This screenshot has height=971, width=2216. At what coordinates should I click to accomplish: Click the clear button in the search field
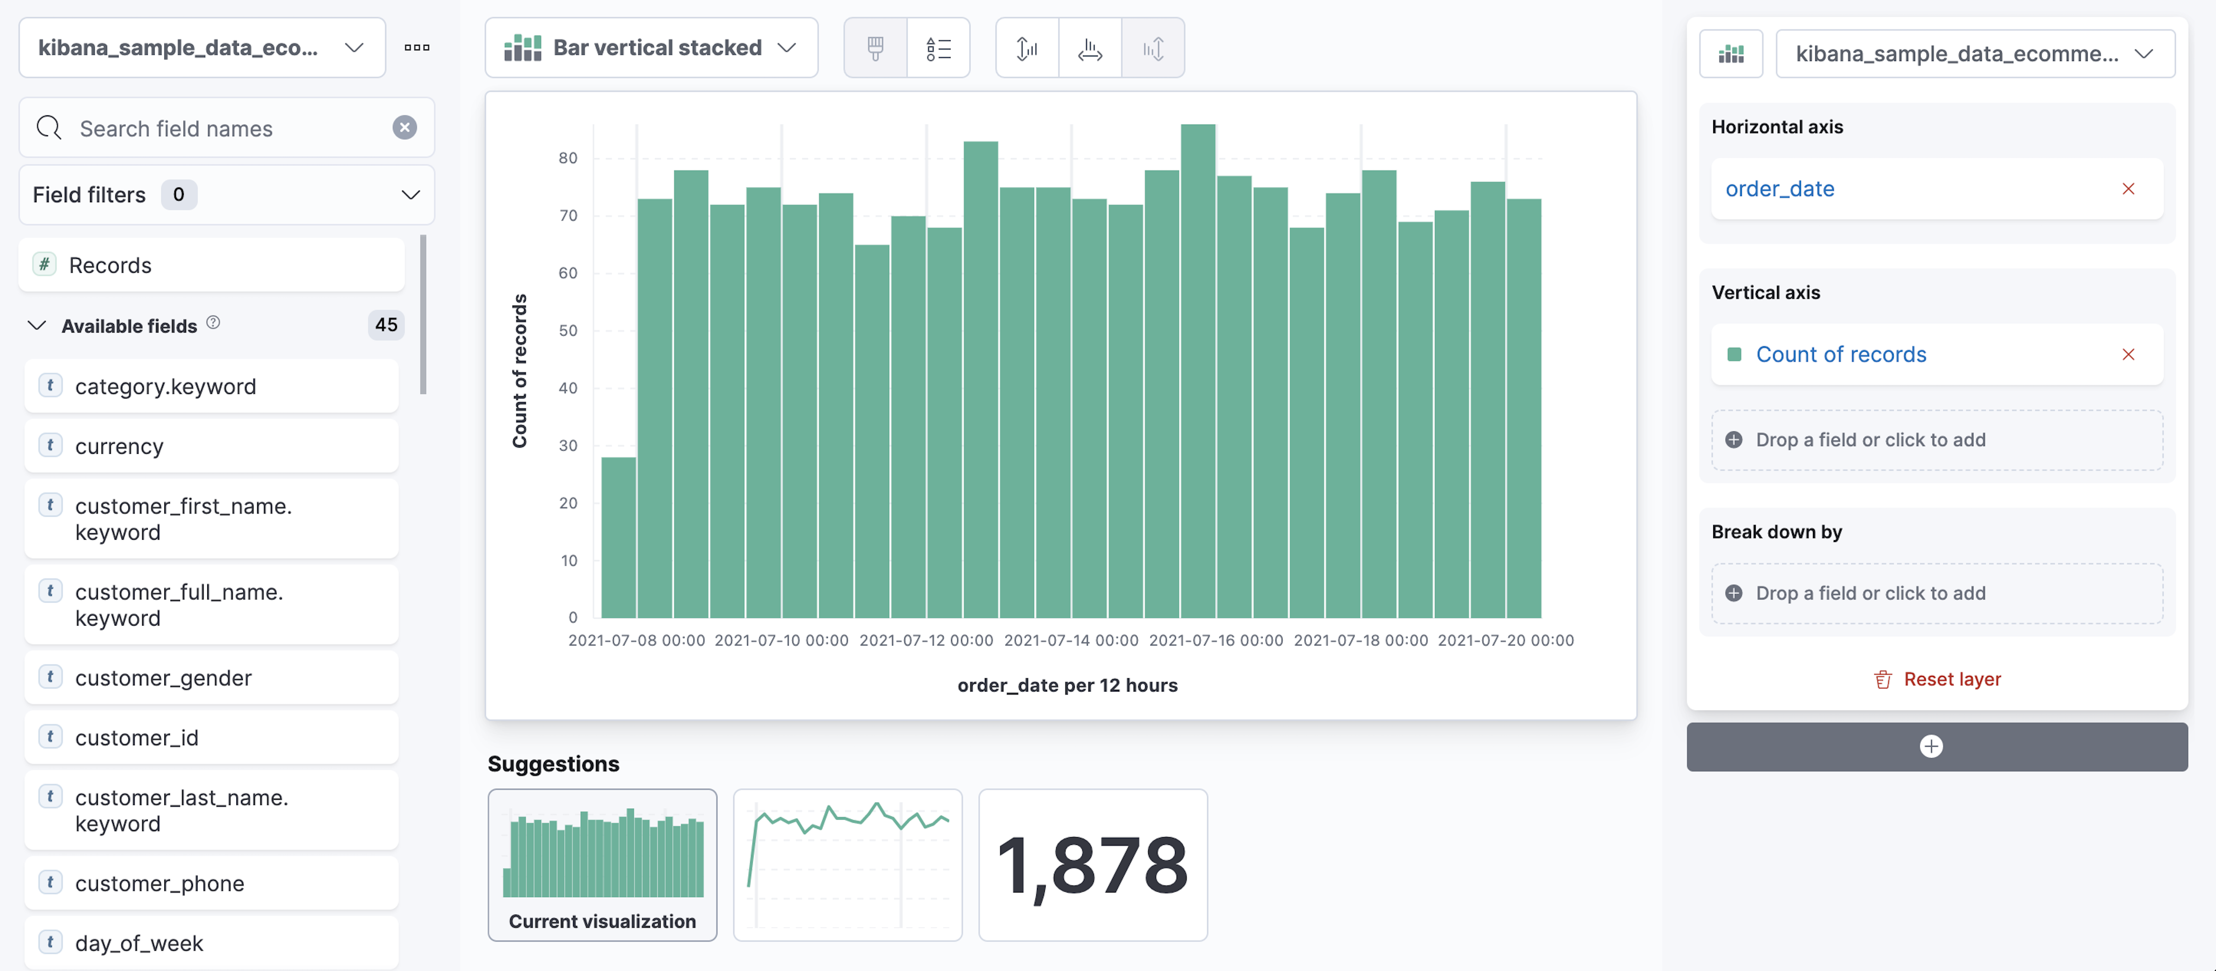(x=404, y=128)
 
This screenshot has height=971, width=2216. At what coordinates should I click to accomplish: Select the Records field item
(x=211, y=265)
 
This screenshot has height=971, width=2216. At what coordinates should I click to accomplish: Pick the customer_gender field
(x=211, y=678)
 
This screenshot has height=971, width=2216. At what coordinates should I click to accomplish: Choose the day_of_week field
(x=211, y=943)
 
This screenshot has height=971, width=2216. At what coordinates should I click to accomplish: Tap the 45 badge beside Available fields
(x=385, y=325)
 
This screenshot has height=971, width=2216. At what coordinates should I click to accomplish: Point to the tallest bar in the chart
(x=1198, y=370)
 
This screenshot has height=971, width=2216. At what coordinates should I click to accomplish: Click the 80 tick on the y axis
(x=568, y=158)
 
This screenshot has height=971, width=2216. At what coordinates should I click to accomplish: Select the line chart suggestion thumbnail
(x=847, y=864)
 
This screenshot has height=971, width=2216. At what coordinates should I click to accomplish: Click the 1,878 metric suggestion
(x=1092, y=864)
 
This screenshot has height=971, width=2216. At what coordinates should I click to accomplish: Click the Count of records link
(x=1841, y=354)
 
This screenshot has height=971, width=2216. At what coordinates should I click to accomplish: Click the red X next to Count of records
(x=2128, y=354)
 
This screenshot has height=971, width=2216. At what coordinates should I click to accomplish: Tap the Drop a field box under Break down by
(x=1936, y=593)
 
